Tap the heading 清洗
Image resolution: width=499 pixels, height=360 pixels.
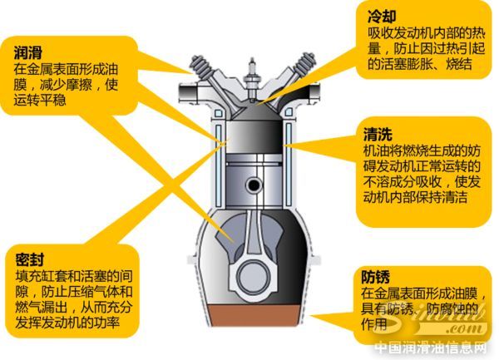coord(377,135)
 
